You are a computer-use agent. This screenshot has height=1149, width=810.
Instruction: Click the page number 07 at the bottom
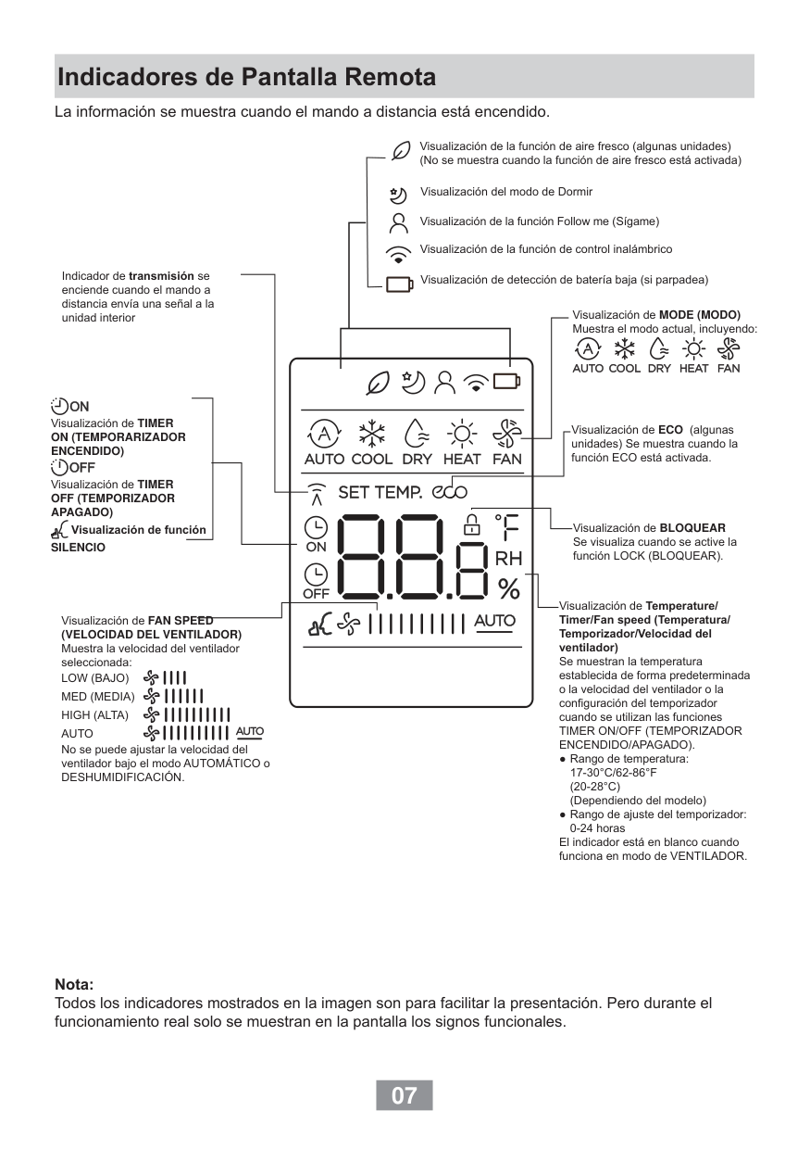coord(404,1095)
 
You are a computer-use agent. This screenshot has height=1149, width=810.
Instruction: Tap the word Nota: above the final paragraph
coord(75,984)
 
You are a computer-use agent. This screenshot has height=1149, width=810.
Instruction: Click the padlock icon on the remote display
coord(473,524)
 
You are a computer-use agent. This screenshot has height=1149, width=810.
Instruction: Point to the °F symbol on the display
coord(506,527)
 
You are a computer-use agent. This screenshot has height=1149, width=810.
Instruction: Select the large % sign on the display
coord(508,587)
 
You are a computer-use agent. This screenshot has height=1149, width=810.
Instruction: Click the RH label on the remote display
coord(508,559)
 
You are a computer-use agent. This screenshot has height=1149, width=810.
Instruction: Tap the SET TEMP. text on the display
coord(380,492)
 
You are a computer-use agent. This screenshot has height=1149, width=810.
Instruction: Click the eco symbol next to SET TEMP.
coord(449,492)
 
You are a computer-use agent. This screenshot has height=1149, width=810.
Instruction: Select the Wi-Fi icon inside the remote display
coord(476,381)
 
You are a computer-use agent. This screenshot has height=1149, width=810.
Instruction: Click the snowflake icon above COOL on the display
coord(372,434)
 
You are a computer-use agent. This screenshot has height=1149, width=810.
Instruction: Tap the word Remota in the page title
coord(385,77)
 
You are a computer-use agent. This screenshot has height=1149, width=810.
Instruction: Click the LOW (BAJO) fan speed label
coord(94,678)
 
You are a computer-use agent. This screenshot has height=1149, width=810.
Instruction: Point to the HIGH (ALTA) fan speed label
coord(94,714)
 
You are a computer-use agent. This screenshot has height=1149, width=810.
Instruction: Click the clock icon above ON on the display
coord(316,527)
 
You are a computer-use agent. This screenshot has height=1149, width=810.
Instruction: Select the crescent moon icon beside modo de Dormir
coord(398,195)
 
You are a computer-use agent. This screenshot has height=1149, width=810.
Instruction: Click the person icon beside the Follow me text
coord(399,222)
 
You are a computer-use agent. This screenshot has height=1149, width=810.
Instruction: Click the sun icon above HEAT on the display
coord(461,434)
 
